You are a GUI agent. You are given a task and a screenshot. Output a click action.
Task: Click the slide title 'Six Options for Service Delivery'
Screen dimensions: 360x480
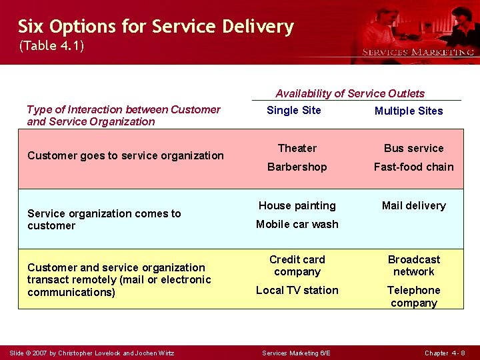tap(155, 27)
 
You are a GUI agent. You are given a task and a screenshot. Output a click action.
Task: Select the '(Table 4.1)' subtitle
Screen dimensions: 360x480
tap(51, 46)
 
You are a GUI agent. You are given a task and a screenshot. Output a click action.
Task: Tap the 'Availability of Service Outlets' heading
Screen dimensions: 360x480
tap(349, 93)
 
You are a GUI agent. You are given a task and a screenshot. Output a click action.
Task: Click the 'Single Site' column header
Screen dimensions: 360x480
tap(293, 110)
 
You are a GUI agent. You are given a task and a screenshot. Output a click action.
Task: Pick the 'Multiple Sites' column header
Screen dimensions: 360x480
tap(408, 111)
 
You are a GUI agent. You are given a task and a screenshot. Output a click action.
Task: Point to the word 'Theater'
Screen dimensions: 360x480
tap(297, 148)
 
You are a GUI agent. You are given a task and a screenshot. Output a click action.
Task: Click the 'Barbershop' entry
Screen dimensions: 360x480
tap(297, 167)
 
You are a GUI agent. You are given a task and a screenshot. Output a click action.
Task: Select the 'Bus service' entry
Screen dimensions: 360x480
tap(413, 148)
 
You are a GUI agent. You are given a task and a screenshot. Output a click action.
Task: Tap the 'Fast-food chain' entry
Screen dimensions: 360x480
tap(413, 167)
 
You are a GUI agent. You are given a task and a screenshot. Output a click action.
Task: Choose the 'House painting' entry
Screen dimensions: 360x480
tap(297, 205)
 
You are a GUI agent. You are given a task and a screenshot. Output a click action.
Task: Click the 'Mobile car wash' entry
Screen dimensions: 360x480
tap(297, 224)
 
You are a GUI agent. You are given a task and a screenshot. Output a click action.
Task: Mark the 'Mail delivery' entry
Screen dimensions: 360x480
tap(413, 205)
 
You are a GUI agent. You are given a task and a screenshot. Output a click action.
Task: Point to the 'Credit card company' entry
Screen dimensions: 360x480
tap(297, 265)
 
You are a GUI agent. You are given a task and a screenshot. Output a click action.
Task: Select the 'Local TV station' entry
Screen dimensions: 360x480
tap(297, 290)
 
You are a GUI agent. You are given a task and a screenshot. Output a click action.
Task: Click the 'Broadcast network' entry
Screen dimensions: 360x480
tap(413, 265)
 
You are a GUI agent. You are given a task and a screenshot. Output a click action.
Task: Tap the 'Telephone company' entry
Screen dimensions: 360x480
tap(413, 297)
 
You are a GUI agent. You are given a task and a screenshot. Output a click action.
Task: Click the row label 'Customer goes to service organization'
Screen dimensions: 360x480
tap(125, 155)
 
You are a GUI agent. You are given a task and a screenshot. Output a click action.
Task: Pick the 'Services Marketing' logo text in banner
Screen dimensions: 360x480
tap(417, 52)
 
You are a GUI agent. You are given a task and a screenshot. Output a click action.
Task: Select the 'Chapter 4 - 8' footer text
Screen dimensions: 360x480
tap(445, 353)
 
